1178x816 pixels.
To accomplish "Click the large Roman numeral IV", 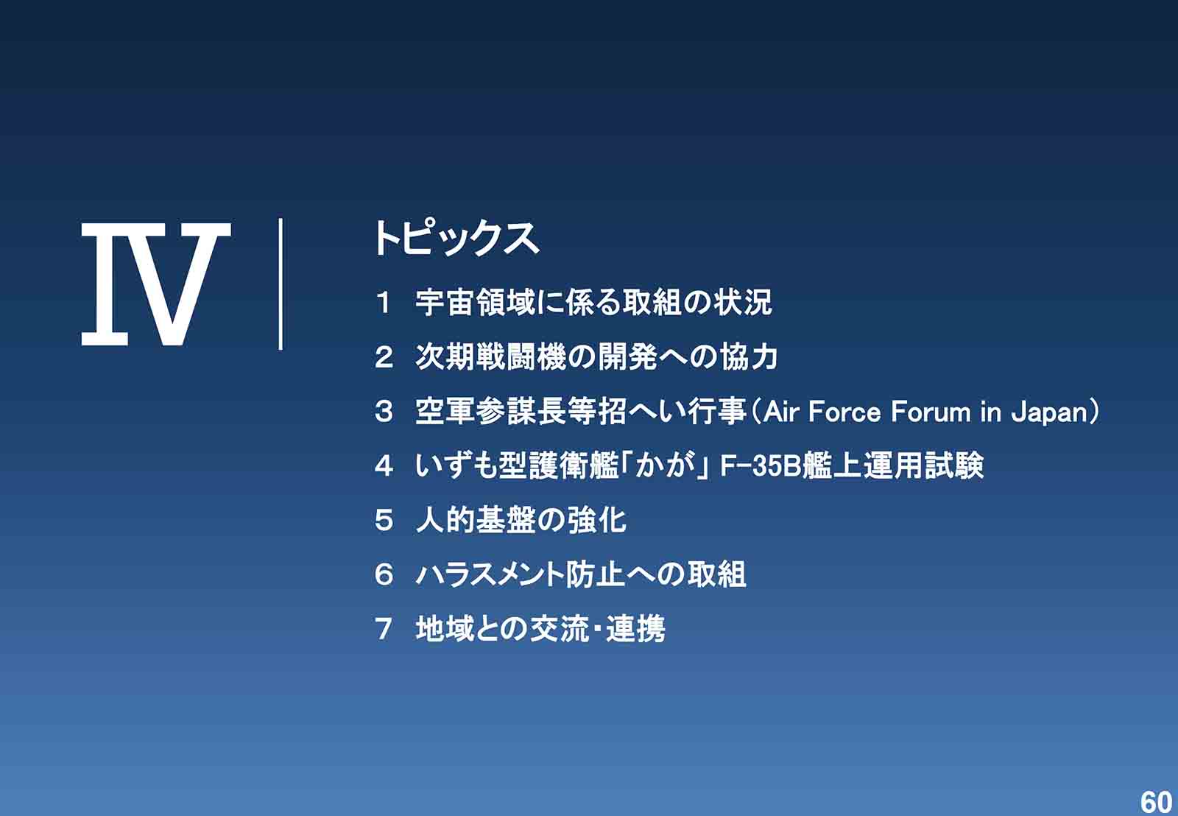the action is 156,284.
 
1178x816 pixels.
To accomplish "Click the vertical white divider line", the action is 281,284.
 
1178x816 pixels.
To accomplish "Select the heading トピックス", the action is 456,239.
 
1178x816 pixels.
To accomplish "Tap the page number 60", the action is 1155,802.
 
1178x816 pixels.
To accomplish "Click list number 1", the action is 384,303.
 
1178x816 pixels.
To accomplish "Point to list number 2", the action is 384,357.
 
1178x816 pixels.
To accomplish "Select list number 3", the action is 384,412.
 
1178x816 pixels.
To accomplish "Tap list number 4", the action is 384,465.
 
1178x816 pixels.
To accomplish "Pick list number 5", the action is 384,520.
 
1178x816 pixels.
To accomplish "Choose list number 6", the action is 384,574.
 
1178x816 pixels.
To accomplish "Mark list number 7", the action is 384,628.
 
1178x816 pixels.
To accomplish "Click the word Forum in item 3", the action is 931,412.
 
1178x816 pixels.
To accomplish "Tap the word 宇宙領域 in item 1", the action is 475,303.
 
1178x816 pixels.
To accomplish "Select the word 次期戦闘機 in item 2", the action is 490,357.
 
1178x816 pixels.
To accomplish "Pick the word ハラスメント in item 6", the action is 490,574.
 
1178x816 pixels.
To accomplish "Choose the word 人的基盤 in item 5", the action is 475,520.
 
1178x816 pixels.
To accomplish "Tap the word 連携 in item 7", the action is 635,628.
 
